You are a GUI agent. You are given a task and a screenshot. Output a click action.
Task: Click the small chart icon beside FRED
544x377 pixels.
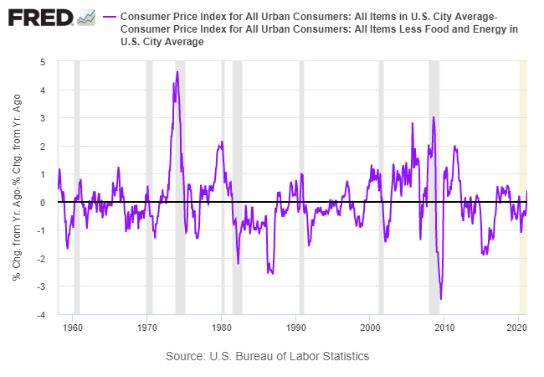(85, 17)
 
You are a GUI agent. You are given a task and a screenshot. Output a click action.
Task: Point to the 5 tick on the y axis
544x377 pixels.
(43, 62)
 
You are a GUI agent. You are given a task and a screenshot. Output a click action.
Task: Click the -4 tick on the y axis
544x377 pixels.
(41, 316)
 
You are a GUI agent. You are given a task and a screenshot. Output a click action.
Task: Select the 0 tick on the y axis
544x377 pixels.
(43, 203)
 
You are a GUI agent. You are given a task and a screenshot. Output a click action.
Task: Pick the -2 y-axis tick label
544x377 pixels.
(41, 260)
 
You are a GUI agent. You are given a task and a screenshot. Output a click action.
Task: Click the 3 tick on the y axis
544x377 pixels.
(43, 118)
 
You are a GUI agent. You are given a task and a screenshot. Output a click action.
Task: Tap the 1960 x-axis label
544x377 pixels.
(74, 327)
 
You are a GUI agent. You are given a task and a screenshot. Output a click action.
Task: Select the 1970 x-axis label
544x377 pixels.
(147, 327)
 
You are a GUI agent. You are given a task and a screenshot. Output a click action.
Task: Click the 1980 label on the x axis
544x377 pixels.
(222, 327)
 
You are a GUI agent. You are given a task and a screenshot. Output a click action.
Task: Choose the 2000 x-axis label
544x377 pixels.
(370, 327)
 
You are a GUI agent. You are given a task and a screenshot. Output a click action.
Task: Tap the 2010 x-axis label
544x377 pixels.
(444, 327)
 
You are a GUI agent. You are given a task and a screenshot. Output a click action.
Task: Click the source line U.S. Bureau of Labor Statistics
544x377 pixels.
(267, 356)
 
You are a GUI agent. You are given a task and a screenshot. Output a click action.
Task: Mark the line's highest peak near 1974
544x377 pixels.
(177, 72)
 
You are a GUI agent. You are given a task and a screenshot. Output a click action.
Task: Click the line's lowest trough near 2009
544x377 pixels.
(441, 298)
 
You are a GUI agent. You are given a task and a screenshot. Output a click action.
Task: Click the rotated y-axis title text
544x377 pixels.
(17, 188)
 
